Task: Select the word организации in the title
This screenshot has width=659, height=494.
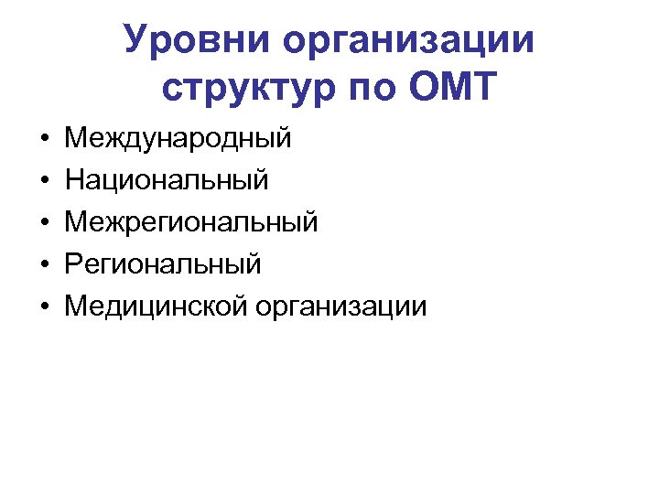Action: click(409, 42)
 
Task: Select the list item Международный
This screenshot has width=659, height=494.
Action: click(178, 139)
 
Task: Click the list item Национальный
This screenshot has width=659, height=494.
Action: click(167, 180)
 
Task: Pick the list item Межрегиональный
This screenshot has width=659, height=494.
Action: click(191, 222)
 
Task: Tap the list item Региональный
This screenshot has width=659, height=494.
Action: click(163, 264)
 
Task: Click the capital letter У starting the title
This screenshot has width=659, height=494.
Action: click(135, 40)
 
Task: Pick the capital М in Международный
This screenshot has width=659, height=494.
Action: click(75, 139)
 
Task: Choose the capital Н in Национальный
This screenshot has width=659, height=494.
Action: click(73, 180)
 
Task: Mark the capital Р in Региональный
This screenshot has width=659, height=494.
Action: click(72, 264)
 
